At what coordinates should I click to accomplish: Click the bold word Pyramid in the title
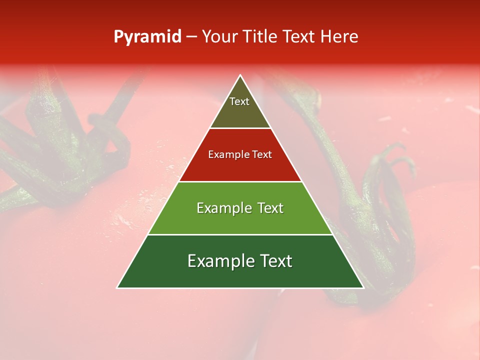tap(147, 37)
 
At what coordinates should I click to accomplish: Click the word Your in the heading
tap(220, 37)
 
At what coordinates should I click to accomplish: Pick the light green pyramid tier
tap(240, 220)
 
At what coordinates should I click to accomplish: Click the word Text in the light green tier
tap(270, 208)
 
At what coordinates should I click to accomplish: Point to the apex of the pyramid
tap(240, 75)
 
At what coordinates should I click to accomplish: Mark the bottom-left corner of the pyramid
tap(118, 287)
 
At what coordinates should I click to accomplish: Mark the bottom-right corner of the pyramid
tap(363, 287)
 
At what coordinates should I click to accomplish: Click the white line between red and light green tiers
tap(240, 181)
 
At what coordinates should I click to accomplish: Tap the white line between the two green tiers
tap(240, 234)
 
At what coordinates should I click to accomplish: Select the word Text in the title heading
tap(300, 37)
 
